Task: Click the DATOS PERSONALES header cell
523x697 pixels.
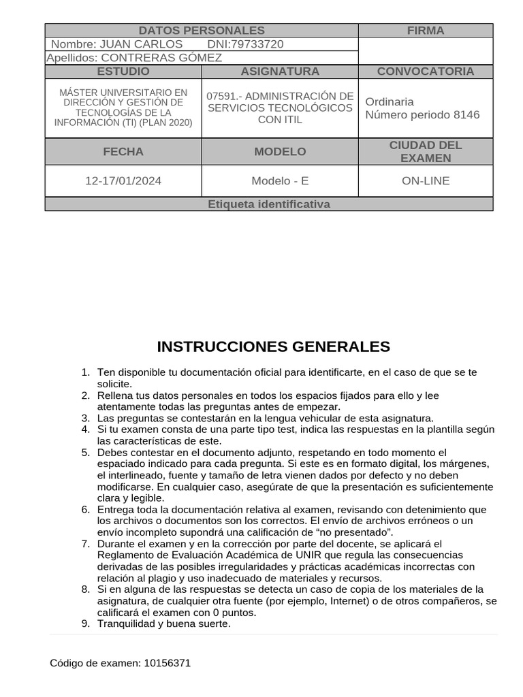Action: [201, 31]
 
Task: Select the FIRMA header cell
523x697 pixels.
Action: [425, 31]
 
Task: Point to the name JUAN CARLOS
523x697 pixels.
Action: [141, 44]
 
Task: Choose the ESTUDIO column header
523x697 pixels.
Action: [123, 71]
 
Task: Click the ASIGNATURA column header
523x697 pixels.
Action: [280, 71]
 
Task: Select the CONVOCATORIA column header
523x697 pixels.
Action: [425, 71]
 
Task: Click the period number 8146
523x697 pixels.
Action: [466, 114]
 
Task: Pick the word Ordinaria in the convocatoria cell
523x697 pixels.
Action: [390, 101]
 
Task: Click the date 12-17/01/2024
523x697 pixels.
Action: [123, 181]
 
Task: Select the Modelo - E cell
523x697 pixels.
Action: [280, 181]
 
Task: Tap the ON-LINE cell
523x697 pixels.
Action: [425, 181]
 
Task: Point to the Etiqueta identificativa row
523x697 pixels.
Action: [268, 204]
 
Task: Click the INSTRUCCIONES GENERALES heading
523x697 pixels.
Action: [273, 347]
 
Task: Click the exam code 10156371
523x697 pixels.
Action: [168, 663]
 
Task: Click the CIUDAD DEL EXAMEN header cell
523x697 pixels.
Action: [425, 152]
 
